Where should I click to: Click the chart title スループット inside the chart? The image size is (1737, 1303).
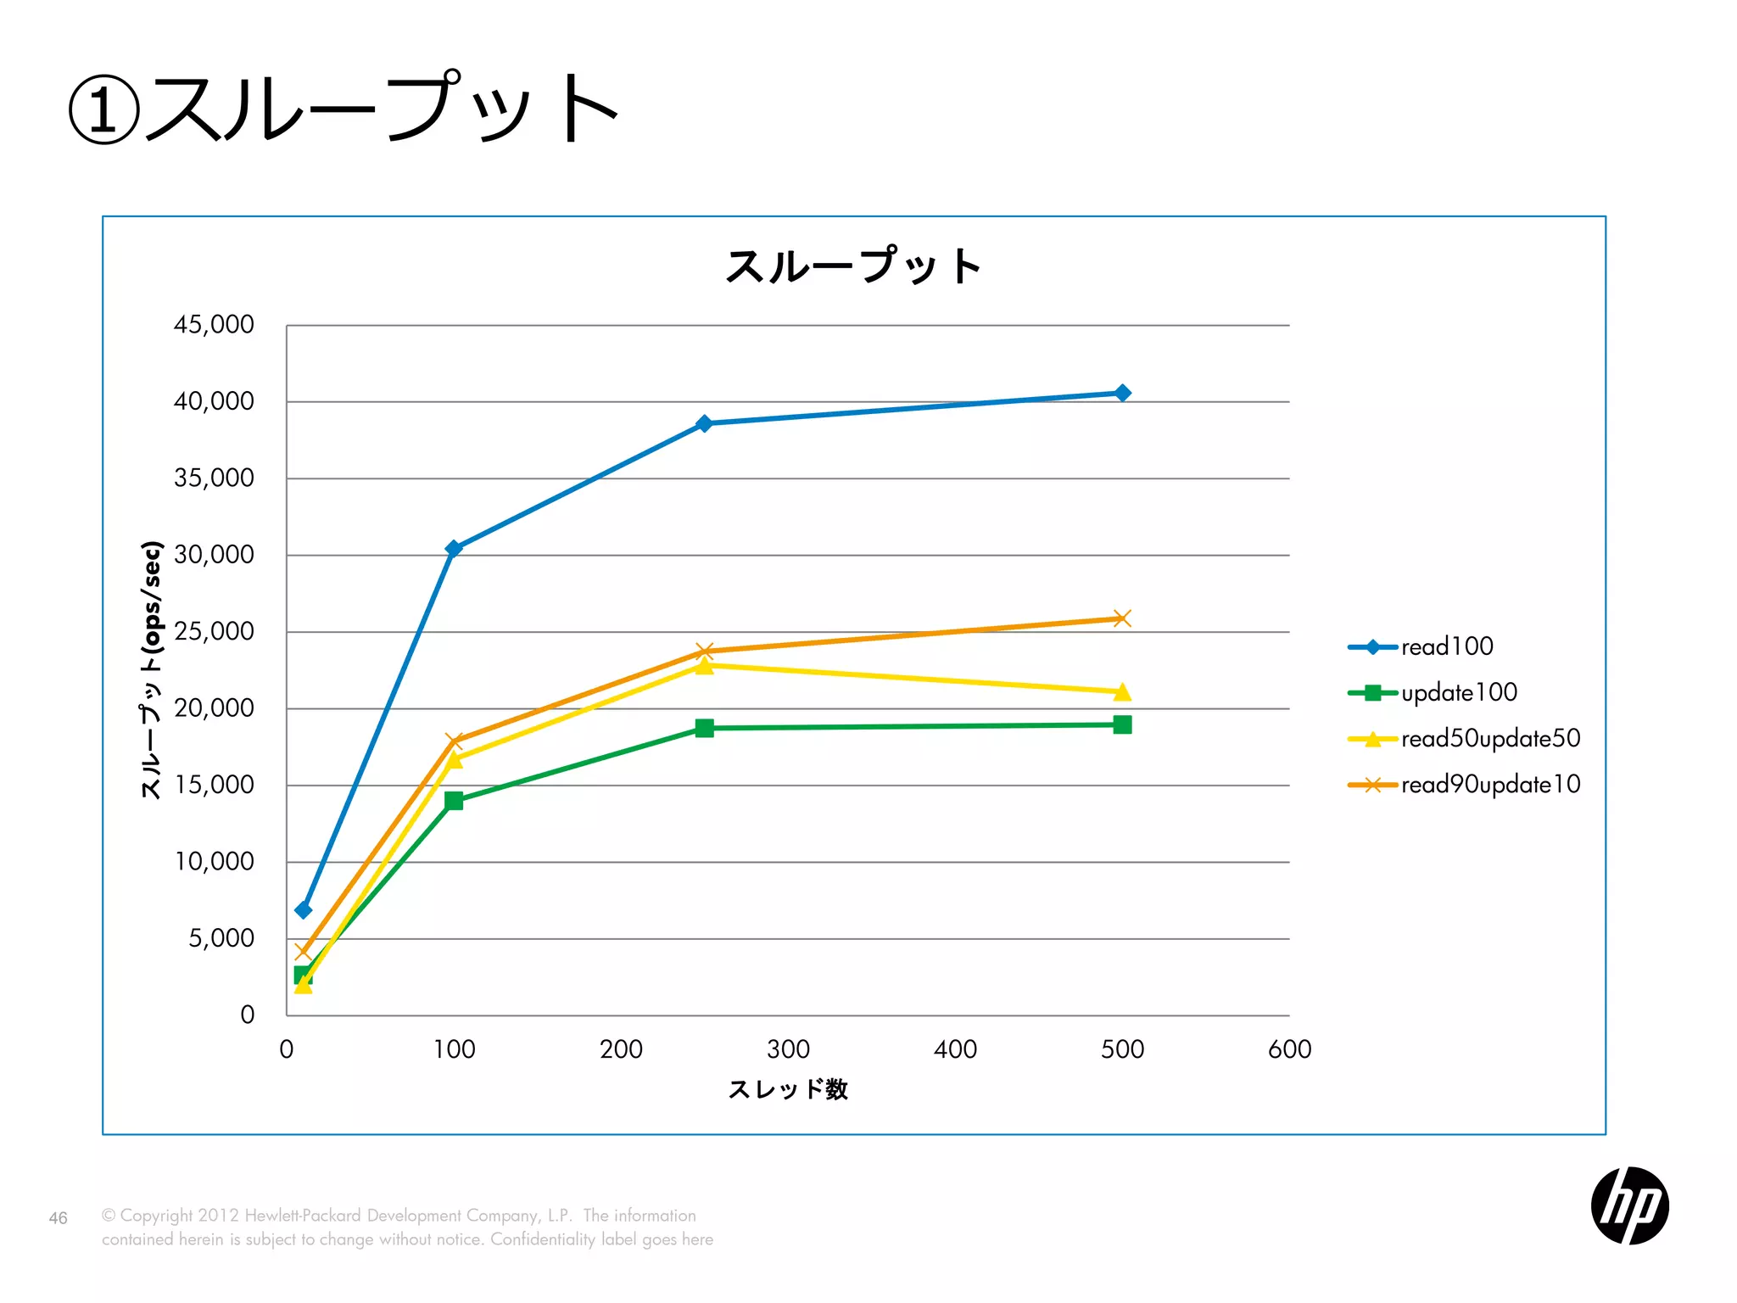pos(854,266)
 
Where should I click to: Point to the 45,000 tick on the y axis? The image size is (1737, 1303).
pos(214,325)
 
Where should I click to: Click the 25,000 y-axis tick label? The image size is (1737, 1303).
pos(214,632)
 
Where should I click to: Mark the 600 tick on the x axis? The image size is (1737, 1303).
pos(1289,1050)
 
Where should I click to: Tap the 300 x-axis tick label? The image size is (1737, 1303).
pos(788,1050)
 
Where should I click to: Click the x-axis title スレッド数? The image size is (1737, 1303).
pos(788,1090)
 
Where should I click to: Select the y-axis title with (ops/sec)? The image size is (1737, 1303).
pos(151,670)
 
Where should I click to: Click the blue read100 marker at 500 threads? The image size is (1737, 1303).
pos(1122,393)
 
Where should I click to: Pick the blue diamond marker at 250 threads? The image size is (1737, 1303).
pos(704,423)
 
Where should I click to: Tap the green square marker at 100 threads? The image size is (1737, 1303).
pos(454,801)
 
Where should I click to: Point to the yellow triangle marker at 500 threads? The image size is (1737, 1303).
pos(1122,693)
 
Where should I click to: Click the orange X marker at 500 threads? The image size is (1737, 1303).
pos(1122,618)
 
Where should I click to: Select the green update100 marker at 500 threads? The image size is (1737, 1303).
pos(1122,724)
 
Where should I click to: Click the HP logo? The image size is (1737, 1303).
pos(1629,1205)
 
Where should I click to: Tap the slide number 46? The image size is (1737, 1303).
pos(58,1219)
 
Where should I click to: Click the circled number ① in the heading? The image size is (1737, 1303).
pos(103,110)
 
